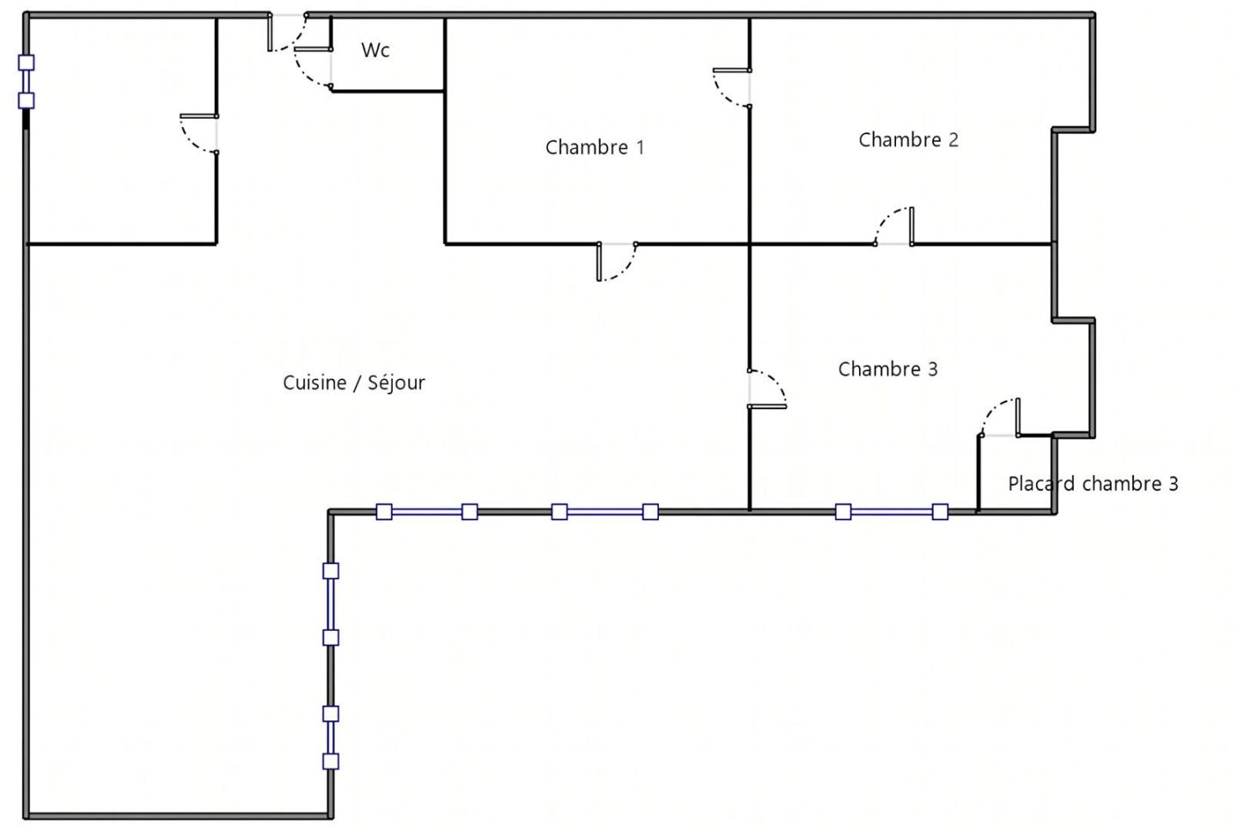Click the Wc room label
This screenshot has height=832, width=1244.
pyautogui.click(x=375, y=50)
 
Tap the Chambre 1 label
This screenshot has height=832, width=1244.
pyautogui.click(x=595, y=147)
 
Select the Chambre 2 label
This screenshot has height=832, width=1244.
pyautogui.click(x=909, y=139)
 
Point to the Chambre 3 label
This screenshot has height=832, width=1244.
pyautogui.click(x=888, y=369)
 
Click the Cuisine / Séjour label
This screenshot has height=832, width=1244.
pyautogui.click(x=354, y=382)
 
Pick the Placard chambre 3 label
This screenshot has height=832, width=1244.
pyautogui.click(x=1093, y=484)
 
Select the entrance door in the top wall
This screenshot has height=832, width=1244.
pyautogui.click(x=288, y=33)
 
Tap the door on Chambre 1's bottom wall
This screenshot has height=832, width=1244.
pyautogui.click(x=617, y=261)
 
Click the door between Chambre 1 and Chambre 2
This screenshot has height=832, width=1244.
pyautogui.click(x=732, y=88)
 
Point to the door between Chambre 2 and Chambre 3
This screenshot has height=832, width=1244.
pyautogui.click(x=894, y=226)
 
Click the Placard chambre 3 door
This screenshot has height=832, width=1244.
pyautogui.click(x=1000, y=418)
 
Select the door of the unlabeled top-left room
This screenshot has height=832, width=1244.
pyautogui.click(x=198, y=134)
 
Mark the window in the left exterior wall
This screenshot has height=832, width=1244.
pyautogui.click(x=26, y=82)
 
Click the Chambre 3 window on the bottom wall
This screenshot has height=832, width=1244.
pyautogui.click(x=892, y=512)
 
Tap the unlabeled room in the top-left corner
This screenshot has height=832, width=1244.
pyautogui.click(x=122, y=131)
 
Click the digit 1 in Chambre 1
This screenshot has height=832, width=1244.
pyautogui.click(x=640, y=147)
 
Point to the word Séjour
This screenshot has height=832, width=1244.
pyautogui.click(x=397, y=382)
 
